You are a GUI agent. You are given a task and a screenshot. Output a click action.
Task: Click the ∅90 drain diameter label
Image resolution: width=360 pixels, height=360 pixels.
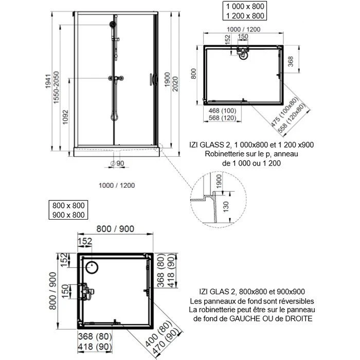coord(118,164)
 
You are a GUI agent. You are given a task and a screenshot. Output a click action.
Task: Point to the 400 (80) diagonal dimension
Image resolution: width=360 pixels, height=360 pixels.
coord(166,333)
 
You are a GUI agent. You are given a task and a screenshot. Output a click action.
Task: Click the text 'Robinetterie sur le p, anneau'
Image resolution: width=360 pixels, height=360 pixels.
coord(251,154)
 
